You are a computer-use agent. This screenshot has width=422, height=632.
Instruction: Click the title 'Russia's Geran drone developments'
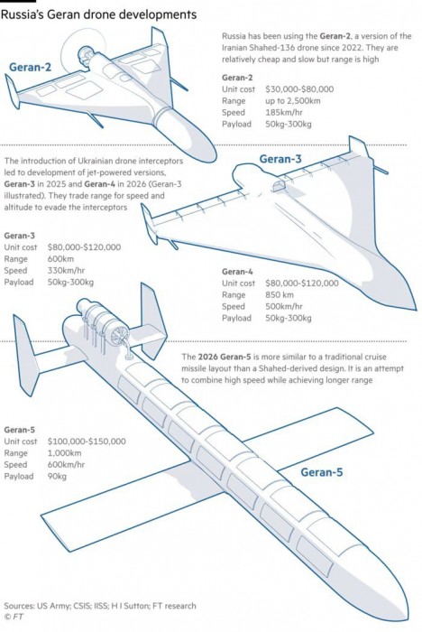coord(98,15)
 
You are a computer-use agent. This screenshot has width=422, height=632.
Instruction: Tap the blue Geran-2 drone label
coord(30,67)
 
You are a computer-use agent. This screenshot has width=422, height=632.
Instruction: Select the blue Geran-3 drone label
coord(280,159)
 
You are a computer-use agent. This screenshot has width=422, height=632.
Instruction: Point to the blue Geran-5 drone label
coord(322,471)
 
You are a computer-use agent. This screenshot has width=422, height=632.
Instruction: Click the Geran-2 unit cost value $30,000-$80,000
coord(299,89)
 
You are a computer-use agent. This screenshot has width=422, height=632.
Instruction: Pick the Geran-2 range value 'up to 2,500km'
coord(293,101)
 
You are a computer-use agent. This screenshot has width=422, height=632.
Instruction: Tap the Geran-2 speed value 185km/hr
coord(283,113)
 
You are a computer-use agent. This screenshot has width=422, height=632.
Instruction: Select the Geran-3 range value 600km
coord(60,259)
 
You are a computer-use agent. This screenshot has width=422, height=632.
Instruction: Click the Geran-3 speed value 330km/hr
coord(66,271)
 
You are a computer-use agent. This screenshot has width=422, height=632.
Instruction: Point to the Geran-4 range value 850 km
coord(279,294)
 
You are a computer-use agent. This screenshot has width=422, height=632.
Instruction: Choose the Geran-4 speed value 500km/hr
coord(283,306)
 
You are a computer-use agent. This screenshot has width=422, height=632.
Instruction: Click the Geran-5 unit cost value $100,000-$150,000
coord(87,441)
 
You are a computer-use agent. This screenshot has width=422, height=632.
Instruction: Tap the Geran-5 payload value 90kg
coord(57,477)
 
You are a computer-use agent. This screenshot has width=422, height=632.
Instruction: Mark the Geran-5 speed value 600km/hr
coord(66,465)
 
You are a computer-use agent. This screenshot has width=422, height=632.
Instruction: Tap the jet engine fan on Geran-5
coord(121,334)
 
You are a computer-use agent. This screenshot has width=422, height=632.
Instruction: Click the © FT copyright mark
coord(14,617)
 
